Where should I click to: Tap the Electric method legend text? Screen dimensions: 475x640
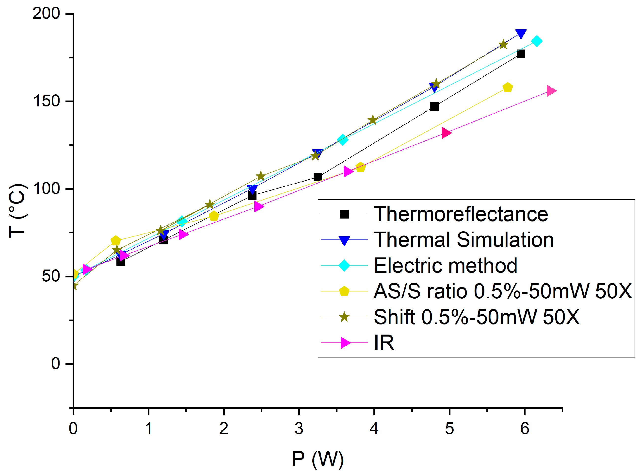(445, 266)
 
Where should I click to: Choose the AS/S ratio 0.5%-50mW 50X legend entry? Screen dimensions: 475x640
(502, 291)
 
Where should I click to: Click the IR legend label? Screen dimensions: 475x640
(384, 343)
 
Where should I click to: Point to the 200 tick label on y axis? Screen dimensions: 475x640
(46, 13)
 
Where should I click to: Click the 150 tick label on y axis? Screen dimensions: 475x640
(46, 101)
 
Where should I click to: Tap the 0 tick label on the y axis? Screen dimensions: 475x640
(55, 364)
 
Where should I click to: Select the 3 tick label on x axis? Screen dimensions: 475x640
(299, 429)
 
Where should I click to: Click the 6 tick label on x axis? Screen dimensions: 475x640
(525, 429)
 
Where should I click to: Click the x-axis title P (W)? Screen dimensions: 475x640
(318, 459)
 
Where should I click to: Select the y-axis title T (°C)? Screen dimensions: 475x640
(18, 211)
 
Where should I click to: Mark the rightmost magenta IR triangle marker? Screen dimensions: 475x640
(551, 91)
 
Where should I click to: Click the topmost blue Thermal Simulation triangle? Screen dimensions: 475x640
(521, 33)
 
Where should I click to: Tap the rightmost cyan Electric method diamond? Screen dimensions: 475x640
(537, 41)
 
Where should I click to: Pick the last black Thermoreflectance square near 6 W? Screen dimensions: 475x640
(521, 54)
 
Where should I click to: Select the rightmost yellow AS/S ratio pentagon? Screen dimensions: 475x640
(508, 87)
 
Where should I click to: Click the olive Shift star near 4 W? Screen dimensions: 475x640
(373, 120)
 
